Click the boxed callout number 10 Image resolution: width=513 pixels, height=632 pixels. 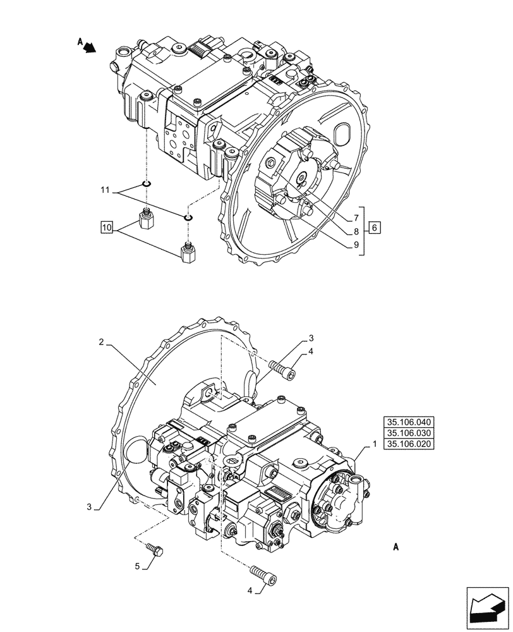106,226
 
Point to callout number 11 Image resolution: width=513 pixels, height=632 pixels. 105,189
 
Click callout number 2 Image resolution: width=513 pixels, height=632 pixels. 101,342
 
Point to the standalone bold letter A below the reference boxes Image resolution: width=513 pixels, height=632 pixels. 395,547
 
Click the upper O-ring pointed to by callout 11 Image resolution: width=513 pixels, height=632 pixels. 147,184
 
